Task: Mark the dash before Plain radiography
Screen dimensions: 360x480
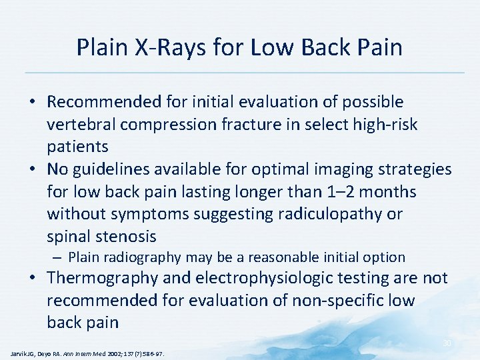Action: tap(59, 257)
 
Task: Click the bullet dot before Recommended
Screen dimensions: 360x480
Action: tap(33, 103)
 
